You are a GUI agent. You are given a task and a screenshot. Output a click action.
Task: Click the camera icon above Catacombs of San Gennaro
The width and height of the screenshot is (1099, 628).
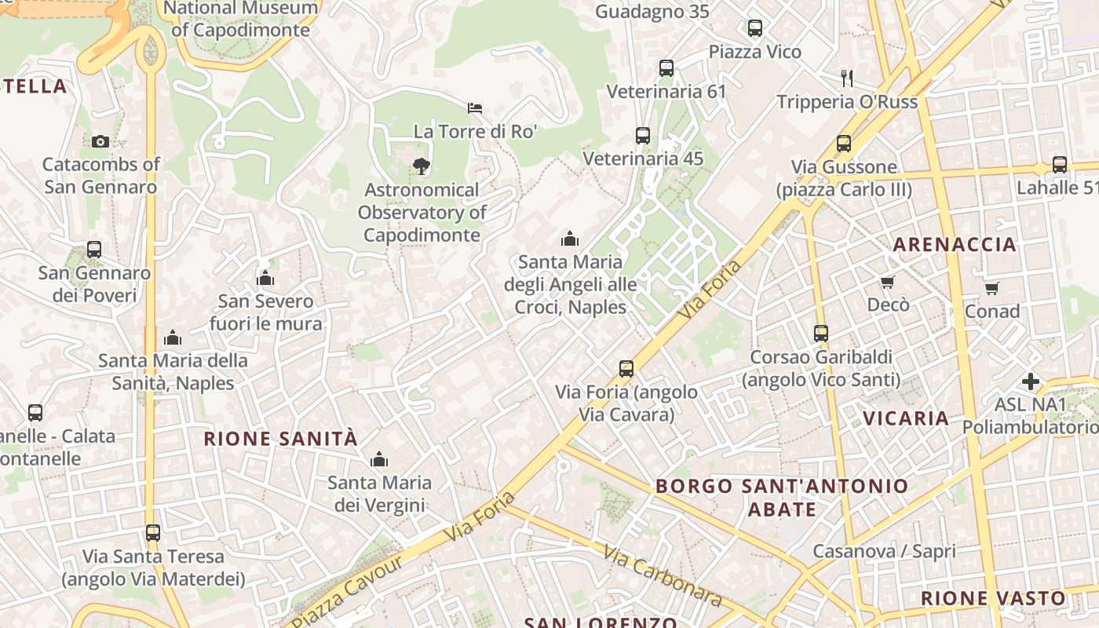coord(100,141)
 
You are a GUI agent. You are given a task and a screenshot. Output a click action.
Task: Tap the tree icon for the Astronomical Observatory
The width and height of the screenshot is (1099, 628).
coord(422,166)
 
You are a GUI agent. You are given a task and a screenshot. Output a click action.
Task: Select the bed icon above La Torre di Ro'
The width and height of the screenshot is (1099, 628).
coord(474,108)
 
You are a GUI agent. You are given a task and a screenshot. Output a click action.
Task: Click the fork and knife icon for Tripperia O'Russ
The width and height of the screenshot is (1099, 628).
coord(846,78)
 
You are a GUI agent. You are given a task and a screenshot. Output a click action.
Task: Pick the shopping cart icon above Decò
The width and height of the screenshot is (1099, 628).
coord(887,282)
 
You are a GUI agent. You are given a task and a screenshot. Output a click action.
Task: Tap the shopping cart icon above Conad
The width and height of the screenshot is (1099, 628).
coord(991,288)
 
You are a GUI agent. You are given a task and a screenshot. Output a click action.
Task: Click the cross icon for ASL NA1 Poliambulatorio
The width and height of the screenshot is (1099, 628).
coord(1030,382)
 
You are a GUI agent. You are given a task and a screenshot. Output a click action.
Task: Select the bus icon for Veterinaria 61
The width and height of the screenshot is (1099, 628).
coord(666,68)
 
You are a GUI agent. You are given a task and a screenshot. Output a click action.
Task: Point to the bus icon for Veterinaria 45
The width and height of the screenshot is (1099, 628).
coord(642,135)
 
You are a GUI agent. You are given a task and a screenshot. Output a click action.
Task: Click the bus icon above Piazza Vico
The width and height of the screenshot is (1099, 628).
coord(754,28)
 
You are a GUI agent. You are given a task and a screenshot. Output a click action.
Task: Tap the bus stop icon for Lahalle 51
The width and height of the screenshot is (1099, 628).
coord(1059,165)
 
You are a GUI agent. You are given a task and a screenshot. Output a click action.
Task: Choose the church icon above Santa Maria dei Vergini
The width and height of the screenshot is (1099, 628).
coord(379,458)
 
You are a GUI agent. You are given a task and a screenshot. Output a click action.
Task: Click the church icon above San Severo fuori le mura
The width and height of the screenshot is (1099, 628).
coord(265,278)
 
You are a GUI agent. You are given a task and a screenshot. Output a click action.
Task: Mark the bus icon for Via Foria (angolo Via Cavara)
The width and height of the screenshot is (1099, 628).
coord(626,368)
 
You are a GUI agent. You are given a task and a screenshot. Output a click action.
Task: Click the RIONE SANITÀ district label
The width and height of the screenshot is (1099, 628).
coord(280,438)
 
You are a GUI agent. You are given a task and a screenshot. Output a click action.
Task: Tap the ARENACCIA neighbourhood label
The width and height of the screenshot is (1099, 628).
coord(955,244)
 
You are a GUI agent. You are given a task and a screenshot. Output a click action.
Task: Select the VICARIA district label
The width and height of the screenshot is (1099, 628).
coord(906,418)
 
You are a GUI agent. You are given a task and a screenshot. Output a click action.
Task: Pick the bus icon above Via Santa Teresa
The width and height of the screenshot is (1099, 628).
coord(153,533)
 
